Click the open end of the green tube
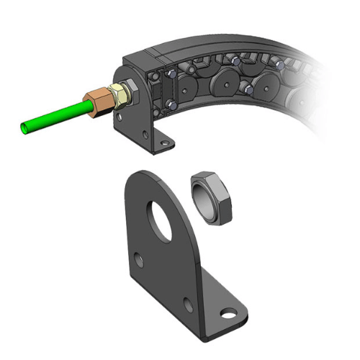click(27, 128)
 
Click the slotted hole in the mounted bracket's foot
click(166, 140)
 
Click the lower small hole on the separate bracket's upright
click(189, 306)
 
